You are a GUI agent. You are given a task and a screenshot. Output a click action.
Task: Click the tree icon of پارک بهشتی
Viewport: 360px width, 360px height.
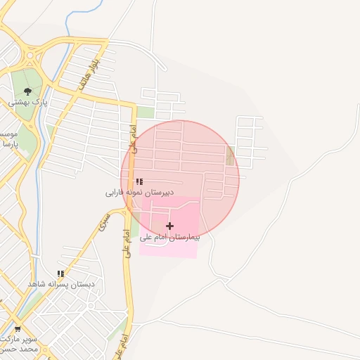pos(27,91)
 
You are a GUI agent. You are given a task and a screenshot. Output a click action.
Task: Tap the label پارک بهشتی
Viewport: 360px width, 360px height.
pos(27,103)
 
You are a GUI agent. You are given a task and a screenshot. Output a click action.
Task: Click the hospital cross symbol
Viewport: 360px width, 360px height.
pos(169,226)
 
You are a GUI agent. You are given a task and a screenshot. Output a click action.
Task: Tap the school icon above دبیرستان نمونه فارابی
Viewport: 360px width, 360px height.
pos(139,181)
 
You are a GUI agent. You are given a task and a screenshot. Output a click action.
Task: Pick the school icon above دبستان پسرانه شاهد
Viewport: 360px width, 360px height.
pos(60,274)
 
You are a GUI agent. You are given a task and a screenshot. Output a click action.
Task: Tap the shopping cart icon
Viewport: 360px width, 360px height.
pos(18,328)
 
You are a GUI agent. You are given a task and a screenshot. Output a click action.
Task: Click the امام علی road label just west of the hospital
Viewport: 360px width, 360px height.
pos(127,243)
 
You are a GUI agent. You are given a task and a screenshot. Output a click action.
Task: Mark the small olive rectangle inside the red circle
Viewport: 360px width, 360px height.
pos(230,157)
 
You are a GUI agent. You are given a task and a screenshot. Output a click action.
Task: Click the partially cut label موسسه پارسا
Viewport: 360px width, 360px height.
pos(7,139)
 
